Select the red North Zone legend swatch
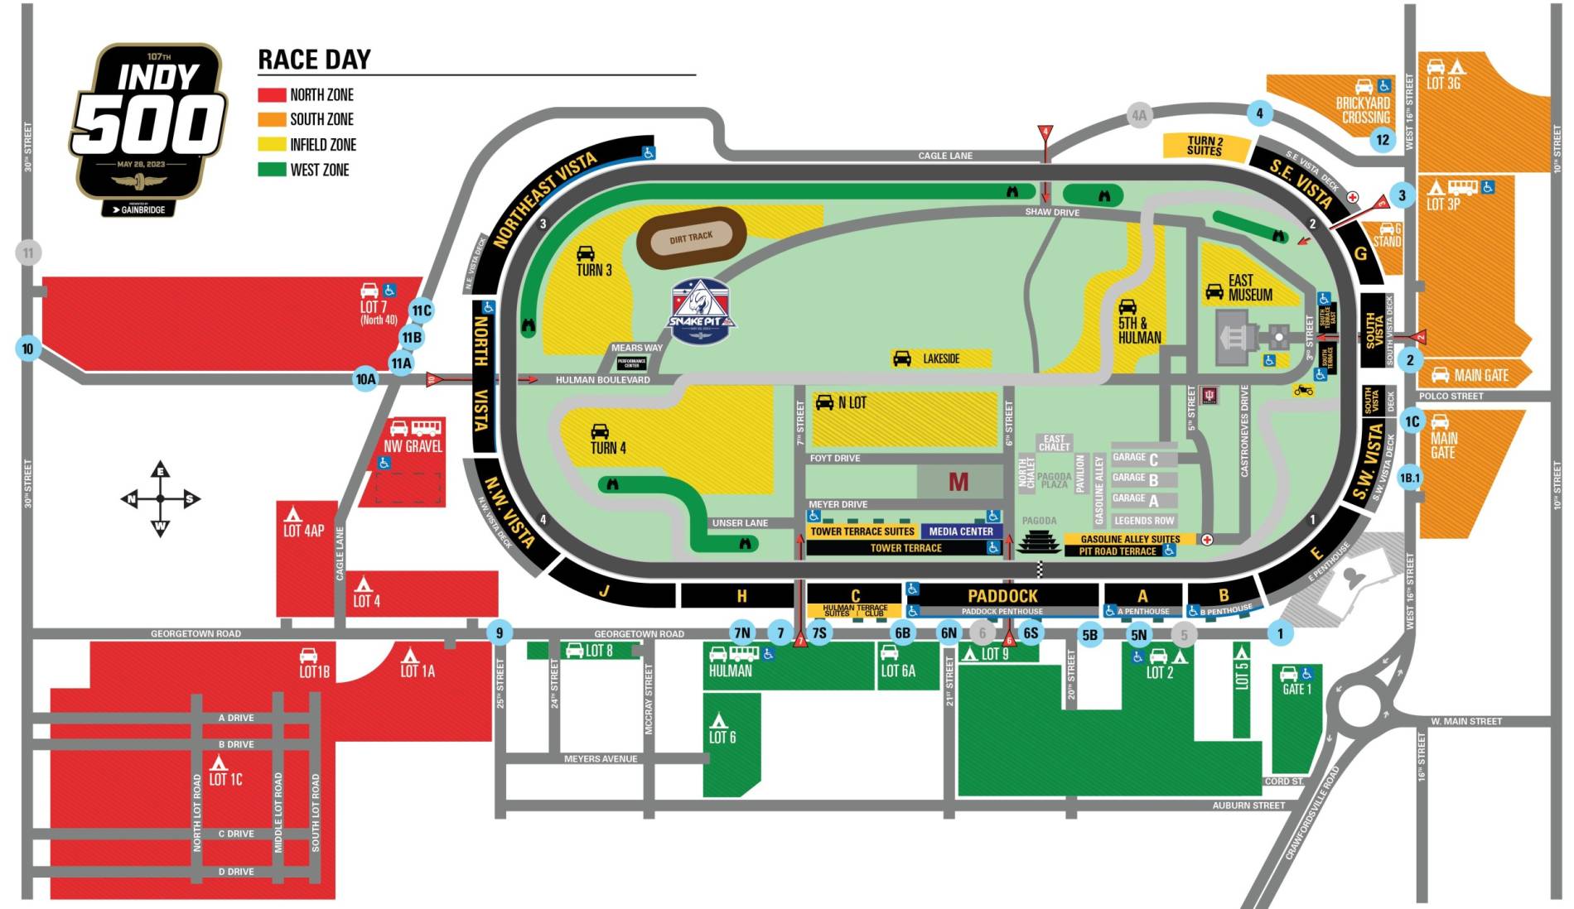(272, 95)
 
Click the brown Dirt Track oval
(691, 238)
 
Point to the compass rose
(160, 499)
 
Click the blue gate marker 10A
(365, 379)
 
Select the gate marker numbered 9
(499, 634)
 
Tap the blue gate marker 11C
(422, 311)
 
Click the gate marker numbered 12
(1382, 140)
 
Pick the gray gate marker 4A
(1139, 116)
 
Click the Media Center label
(961, 531)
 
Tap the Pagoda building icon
(1039, 543)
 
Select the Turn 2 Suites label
(1205, 146)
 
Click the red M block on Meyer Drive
(958, 482)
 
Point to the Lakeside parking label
(941, 358)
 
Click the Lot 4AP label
(304, 530)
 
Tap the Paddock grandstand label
(1002, 595)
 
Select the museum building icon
(1241, 339)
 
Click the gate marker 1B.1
(1409, 478)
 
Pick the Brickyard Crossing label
(1363, 110)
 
